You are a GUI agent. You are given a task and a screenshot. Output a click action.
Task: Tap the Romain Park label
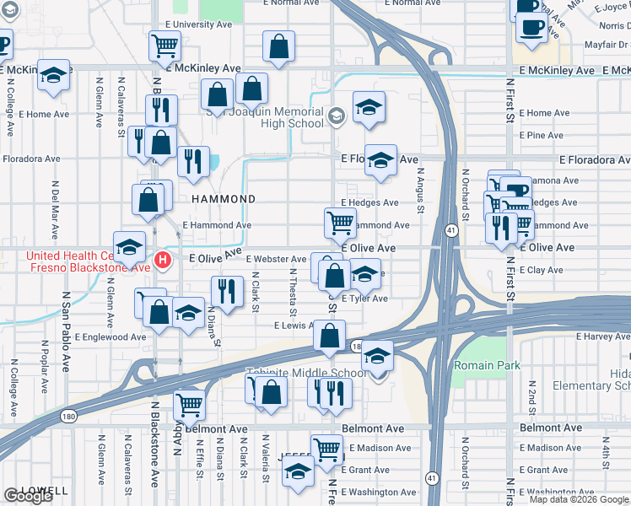[x=487, y=365]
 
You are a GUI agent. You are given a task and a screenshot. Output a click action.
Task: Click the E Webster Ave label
[x=276, y=259]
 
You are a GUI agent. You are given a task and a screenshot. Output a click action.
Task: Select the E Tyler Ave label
[x=364, y=299]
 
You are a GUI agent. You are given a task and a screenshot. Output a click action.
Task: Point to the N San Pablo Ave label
[x=64, y=324]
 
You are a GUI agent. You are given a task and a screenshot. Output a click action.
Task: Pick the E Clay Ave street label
[x=542, y=270]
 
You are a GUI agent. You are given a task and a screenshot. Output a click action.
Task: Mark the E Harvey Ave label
[x=603, y=336]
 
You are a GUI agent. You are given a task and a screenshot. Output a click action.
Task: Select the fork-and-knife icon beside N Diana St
[x=224, y=291]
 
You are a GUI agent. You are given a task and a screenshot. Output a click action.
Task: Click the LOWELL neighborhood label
[x=46, y=490]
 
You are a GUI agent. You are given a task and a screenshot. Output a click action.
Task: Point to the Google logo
[x=29, y=496]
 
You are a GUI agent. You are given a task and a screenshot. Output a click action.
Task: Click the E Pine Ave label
[x=542, y=135]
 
